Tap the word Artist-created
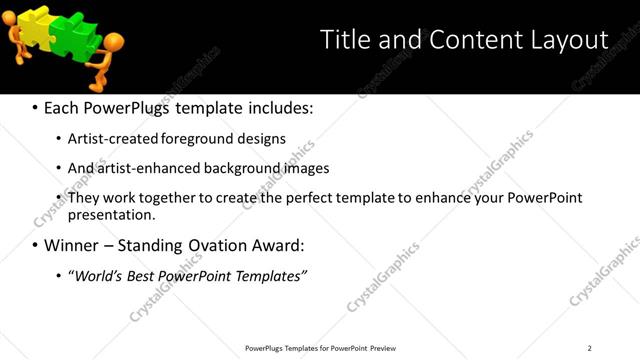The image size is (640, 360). (x=107, y=138)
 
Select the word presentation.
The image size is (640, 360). (x=112, y=214)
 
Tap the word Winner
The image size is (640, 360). (x=73, y=245)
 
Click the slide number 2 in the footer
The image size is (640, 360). (x=589, y=348)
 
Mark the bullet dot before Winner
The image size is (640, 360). (x=34, y=246)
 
